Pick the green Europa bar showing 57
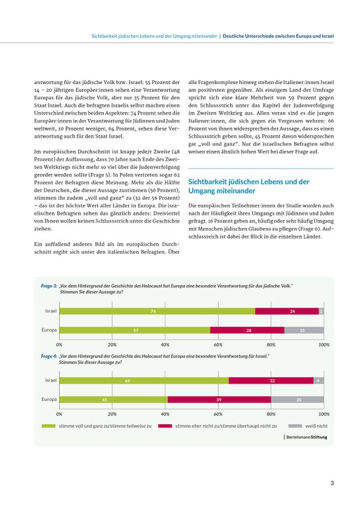coord(135,330)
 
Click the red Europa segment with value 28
coord(247,330)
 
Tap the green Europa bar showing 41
coord(113,400)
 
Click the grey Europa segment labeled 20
coord(298,400)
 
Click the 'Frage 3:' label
coord(49,285)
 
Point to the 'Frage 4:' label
coord(49,357)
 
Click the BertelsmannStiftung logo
coord(306,437)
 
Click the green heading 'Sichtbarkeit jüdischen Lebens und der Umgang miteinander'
coord(249,186)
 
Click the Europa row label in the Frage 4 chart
coord(49,400)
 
